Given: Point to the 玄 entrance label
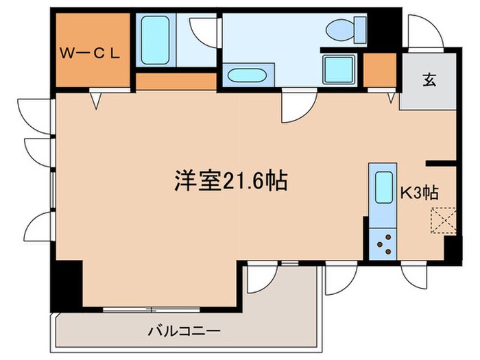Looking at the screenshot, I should (429, 80).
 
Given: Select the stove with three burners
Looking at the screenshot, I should (381, 244).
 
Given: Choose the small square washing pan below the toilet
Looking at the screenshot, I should (337, 69).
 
